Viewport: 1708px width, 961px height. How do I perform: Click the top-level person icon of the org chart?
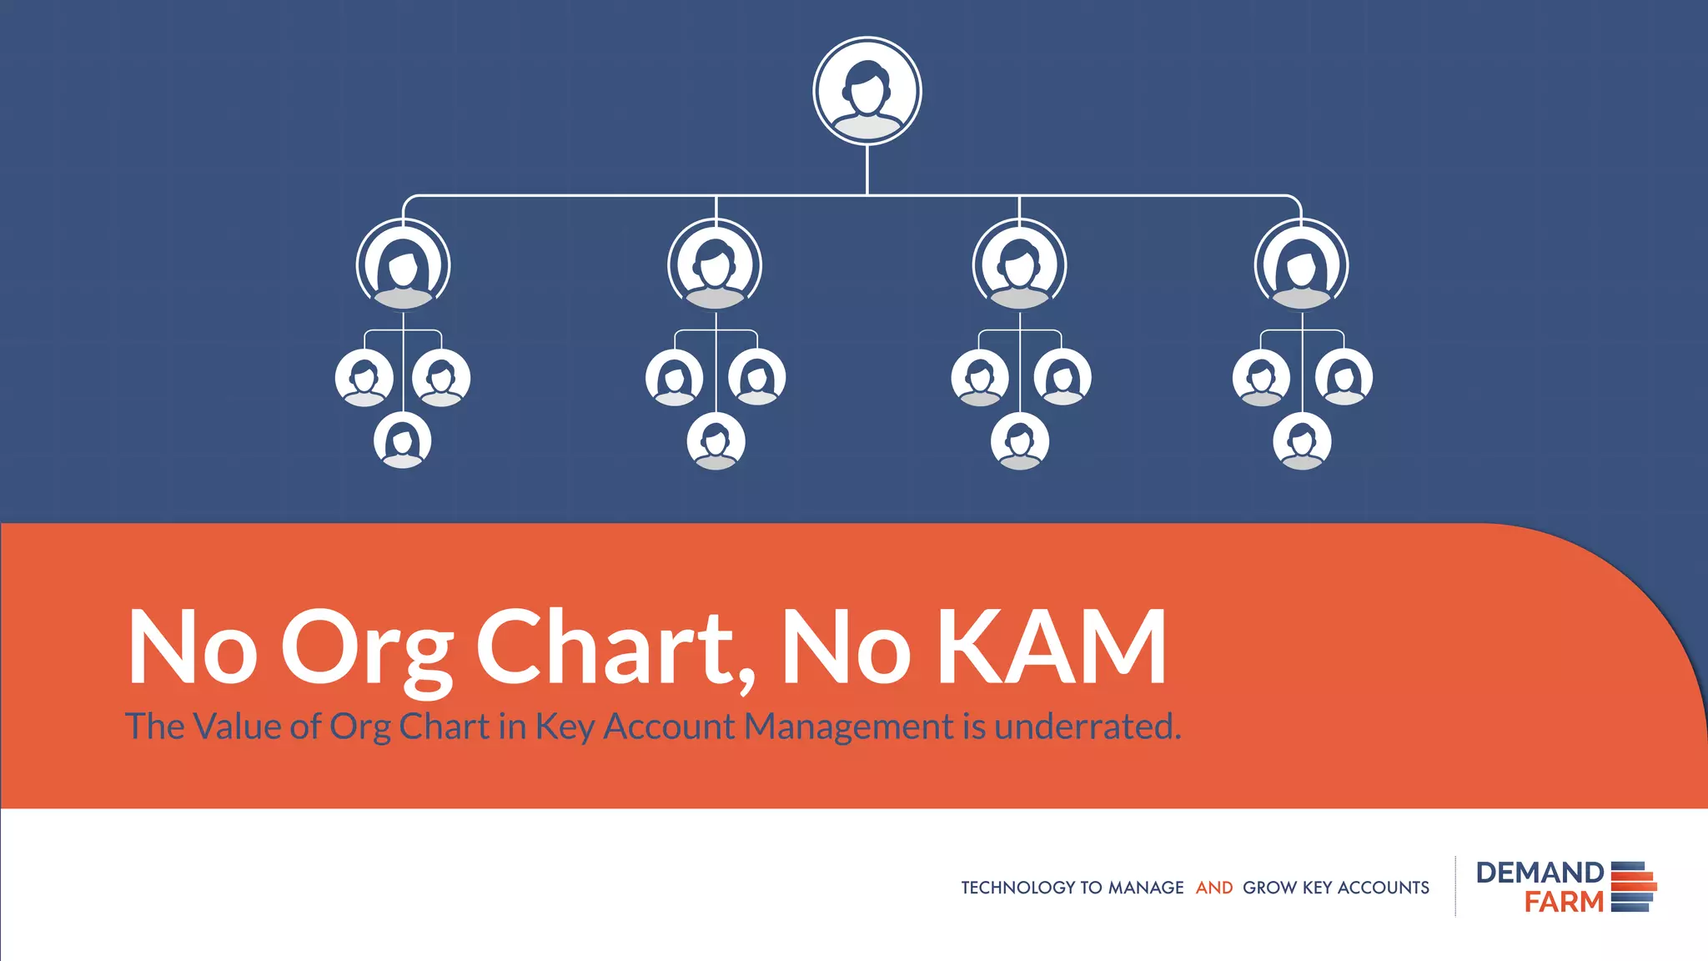[867, 91]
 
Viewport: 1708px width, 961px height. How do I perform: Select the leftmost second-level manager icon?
[404, 265]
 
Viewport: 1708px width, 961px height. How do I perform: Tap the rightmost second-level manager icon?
[1302, 265]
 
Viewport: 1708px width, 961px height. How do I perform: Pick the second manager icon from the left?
[715, 265]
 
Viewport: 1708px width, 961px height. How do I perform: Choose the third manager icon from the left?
[1019, 265]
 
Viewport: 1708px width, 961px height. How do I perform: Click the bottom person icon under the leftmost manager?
[403, 440]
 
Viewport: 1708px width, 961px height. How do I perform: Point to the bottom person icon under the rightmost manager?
[1302, 441]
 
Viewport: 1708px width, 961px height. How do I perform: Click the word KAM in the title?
[1052, 647]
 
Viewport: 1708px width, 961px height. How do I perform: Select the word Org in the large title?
[367, 649]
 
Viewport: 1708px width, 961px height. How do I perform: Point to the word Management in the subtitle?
[848, 726]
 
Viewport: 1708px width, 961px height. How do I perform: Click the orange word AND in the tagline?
[1214, 888]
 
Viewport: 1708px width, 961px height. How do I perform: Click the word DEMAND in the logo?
[1540, 873]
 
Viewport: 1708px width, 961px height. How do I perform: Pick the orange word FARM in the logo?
[1564, 902]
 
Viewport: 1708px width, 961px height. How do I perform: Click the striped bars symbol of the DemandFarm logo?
[1633, 887]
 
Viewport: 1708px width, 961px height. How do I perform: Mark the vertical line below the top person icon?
[867, 170]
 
